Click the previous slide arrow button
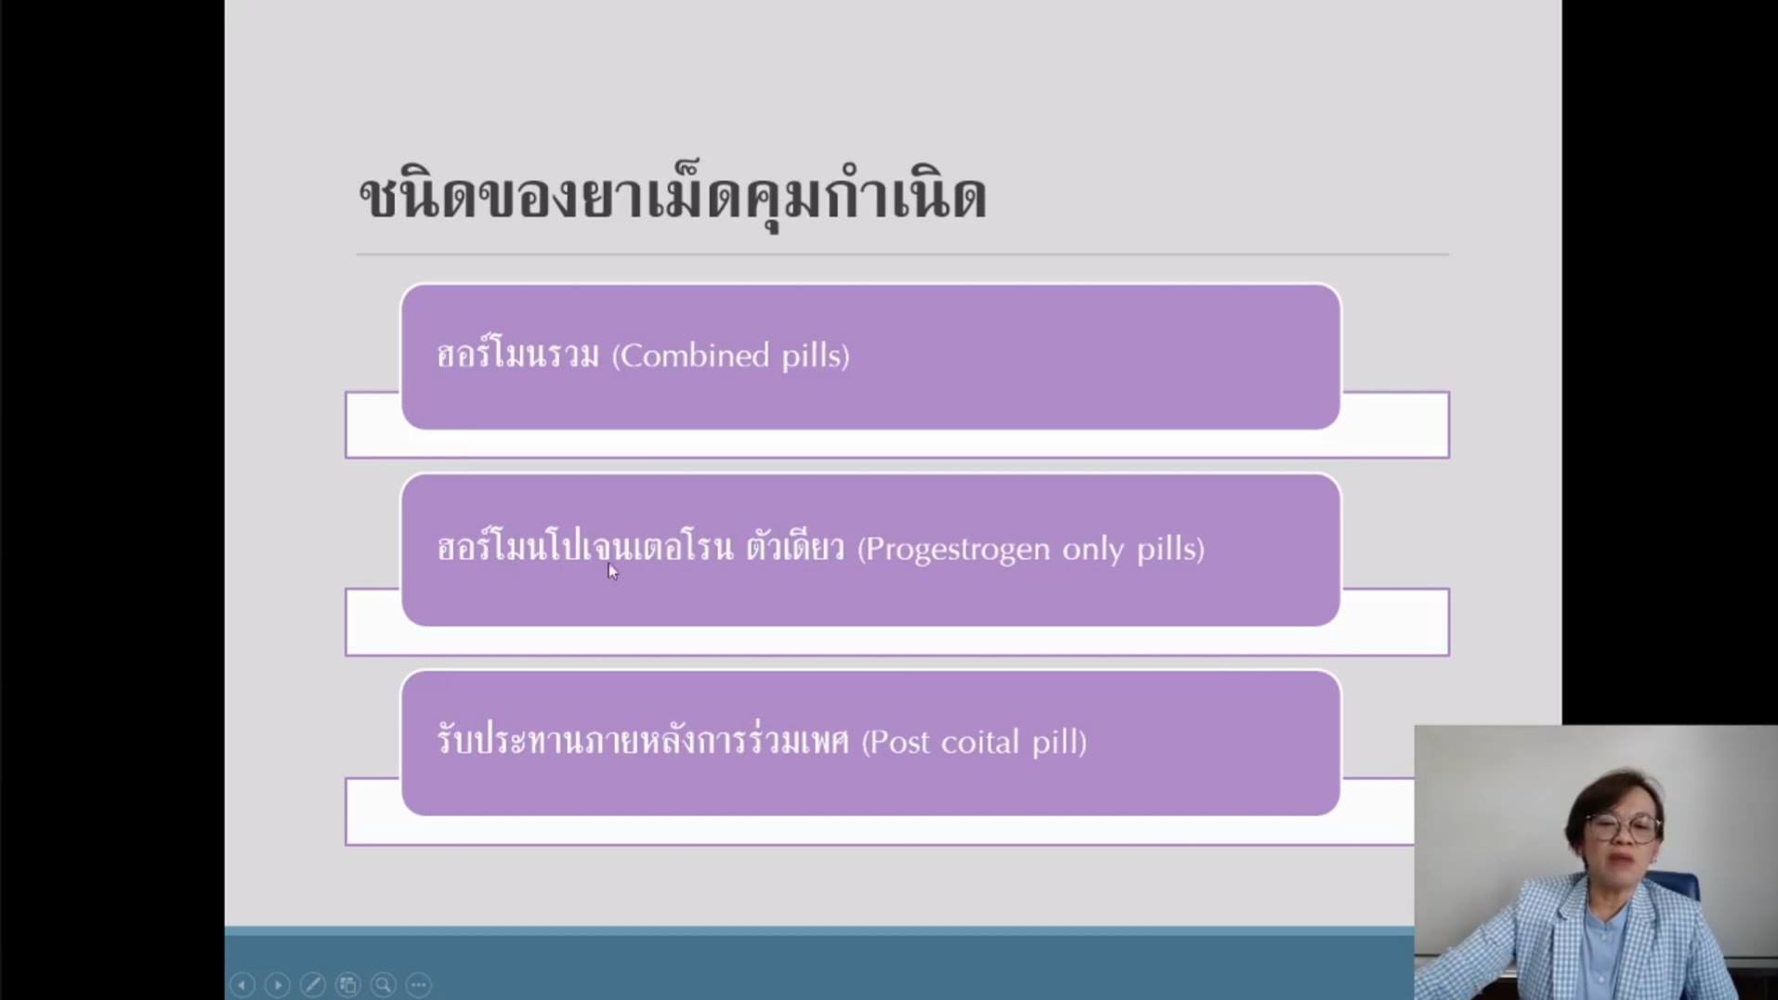(242, 984)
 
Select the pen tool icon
(313, 984)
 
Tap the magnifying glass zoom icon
(384, 984)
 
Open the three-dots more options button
(419, 984)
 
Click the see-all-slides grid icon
(348, 984)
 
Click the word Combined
(691, 356)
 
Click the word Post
(896, 742)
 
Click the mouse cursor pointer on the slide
(613, 571)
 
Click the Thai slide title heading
(673, 196)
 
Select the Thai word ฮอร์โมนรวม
(518, 354)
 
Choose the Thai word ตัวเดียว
(795, 547)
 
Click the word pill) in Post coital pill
(1059, 742)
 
